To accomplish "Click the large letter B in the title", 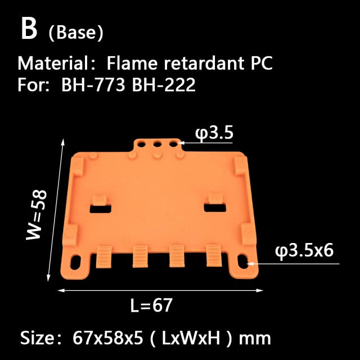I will (29, 30).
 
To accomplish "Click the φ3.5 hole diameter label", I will (214, 133).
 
